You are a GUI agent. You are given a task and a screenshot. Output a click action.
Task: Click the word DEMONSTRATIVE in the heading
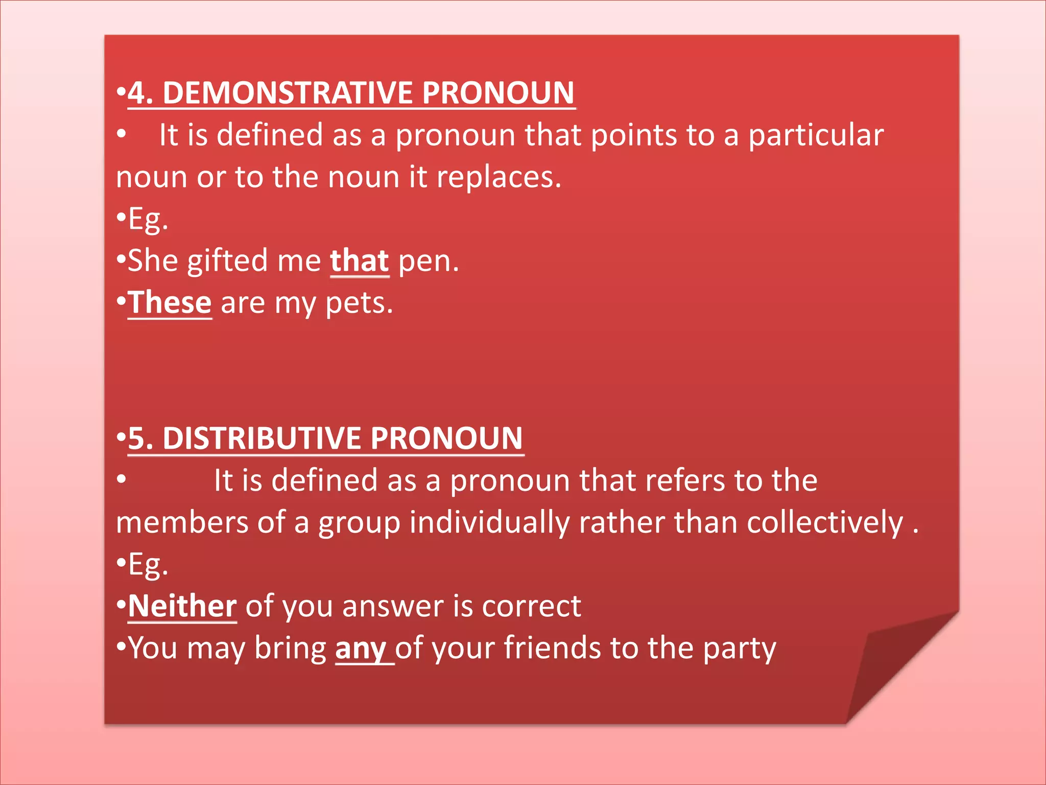(x=287, y=93)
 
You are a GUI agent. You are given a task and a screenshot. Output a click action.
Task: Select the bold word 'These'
(x=170, y=303)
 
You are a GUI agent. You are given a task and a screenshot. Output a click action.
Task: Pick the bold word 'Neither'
(x=182, y=606)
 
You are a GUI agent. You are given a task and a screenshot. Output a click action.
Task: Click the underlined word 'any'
(x=361, y=648)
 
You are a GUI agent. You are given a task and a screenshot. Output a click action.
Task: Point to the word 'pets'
(x=359, y=304)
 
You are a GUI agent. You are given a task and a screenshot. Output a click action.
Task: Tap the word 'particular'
(x=816, y=135)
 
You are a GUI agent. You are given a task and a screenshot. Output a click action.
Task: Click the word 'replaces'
(x=498, y=177)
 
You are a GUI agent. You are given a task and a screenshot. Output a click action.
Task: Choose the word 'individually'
(x=489, y=523)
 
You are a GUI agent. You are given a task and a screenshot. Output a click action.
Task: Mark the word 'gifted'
(x=227, y=262)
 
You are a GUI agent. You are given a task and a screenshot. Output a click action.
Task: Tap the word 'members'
(x=182, y=523)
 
